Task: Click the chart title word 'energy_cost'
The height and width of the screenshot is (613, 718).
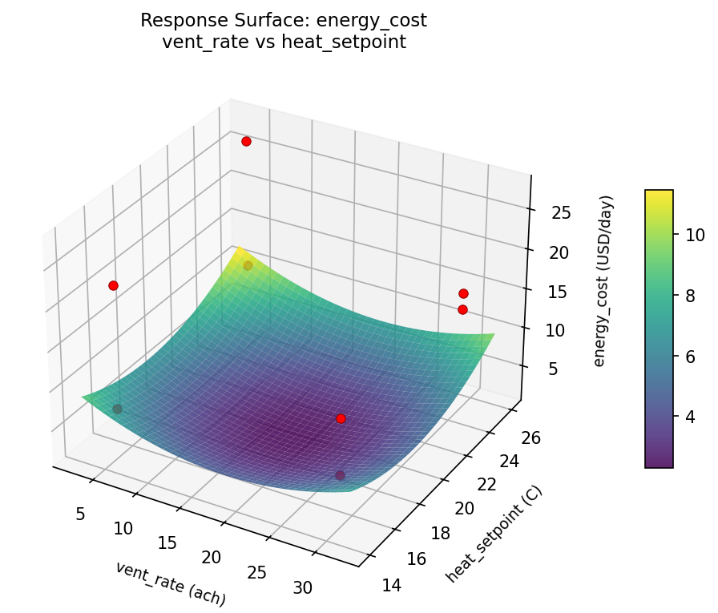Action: (x=372, y=20)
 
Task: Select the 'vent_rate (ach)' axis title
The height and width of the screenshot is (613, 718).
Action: (x=170, y=583)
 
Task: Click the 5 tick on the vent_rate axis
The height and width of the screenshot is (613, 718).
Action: (x=80, y=514)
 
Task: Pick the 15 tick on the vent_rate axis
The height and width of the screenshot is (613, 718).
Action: (x=167, y=542)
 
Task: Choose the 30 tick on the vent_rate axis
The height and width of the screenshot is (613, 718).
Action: (x=302, y=587)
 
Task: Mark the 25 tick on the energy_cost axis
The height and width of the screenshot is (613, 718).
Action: (x=561, y=212)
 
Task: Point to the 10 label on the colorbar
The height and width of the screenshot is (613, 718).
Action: (x=695, y=235)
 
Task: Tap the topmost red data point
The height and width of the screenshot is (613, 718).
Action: (x=246, y=141)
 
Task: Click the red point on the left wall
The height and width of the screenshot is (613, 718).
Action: (x=113, y=285)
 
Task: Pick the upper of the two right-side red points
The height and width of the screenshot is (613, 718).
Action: (x=463, y=293)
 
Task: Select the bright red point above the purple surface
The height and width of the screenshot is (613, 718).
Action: (x=341, y=418)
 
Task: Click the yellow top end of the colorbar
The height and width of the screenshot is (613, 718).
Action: (x=659, y=195)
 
